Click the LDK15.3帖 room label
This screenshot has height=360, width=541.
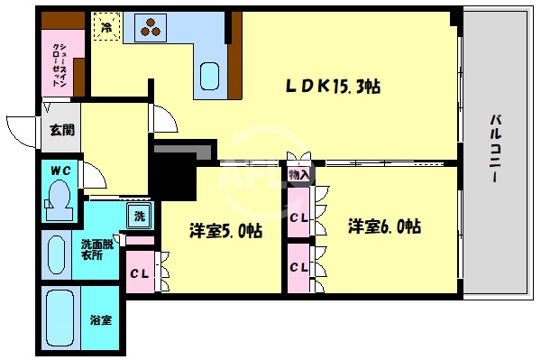333,88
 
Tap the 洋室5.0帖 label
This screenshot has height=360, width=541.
225,230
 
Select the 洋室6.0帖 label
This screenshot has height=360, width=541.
385,227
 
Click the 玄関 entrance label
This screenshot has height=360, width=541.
62,129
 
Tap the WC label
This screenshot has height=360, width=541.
60,170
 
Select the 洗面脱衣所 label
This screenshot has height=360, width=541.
96,249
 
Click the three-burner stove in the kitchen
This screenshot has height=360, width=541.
151,28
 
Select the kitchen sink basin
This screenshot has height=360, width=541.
210,74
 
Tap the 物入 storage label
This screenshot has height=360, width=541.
298,173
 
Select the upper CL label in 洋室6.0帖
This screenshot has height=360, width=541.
299,217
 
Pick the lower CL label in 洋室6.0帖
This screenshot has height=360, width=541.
299,268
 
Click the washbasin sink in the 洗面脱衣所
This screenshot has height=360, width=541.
55,254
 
